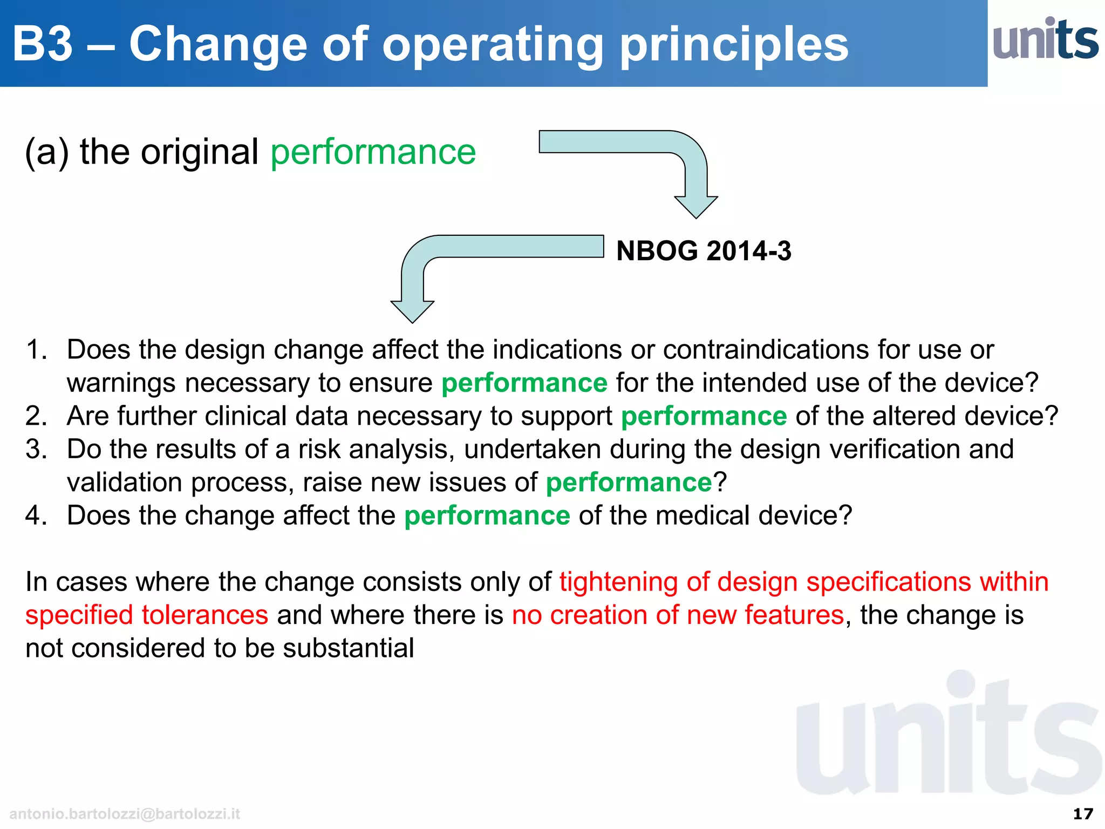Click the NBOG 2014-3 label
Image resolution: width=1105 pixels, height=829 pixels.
[x=704, y=251]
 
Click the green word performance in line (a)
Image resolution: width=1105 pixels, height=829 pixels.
[x=373, y=152]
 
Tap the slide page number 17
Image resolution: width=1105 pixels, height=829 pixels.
[x=1083, y=813]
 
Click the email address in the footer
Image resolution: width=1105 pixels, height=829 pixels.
[x=125, y=813]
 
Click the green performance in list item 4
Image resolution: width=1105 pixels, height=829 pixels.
[x=487, y=515]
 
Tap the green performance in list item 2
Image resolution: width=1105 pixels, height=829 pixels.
[x=704, y=416]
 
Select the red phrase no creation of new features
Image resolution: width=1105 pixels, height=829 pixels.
[x=678, y=615]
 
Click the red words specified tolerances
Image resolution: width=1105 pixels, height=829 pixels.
[x=147, y=615]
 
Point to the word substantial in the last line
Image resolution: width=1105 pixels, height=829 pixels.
[x=349, y=648]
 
